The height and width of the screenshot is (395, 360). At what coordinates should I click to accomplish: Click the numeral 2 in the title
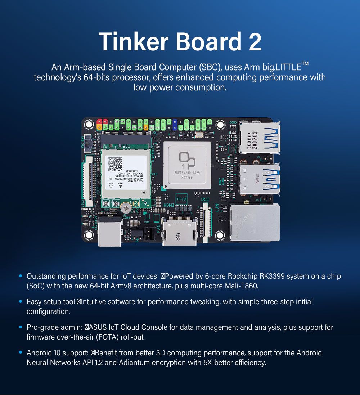[255, 41]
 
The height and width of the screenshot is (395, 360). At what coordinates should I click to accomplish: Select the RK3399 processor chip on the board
[187, 165]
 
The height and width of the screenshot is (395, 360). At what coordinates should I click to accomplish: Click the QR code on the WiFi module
[116, 164]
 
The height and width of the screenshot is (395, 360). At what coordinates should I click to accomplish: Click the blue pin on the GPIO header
[175, 124]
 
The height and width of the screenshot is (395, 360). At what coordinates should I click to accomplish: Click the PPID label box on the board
[181, 199]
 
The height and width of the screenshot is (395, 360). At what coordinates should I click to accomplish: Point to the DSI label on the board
[204, 199]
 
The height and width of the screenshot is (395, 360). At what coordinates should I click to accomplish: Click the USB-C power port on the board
[109, 235]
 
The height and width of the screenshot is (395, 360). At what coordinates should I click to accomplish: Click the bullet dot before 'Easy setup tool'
[21, 302]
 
